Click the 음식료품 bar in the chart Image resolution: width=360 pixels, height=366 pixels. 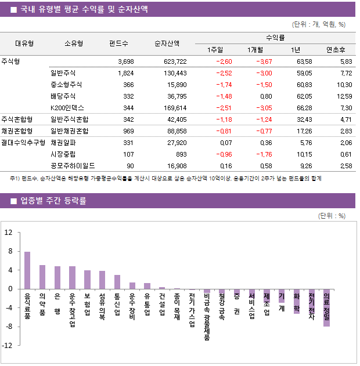tap(27, 270)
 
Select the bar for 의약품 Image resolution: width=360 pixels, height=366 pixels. tap(42, 277)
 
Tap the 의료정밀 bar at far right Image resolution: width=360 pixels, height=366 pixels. tap(326, 307)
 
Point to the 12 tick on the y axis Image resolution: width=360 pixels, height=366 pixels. tap(9, 233)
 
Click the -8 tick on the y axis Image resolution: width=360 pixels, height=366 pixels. tap(9, 327)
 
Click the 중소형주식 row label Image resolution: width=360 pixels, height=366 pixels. tap(67, 85)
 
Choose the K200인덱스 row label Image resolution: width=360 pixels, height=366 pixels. tap(67, 107)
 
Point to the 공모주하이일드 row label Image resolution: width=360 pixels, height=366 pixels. tap(73, 166)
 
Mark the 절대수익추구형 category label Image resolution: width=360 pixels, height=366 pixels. tap(23, 143)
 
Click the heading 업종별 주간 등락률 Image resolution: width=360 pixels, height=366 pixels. tap(53, 201)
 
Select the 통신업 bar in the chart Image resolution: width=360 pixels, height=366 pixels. tap(117, 282)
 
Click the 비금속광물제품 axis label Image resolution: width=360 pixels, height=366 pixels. tap(207, 316)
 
